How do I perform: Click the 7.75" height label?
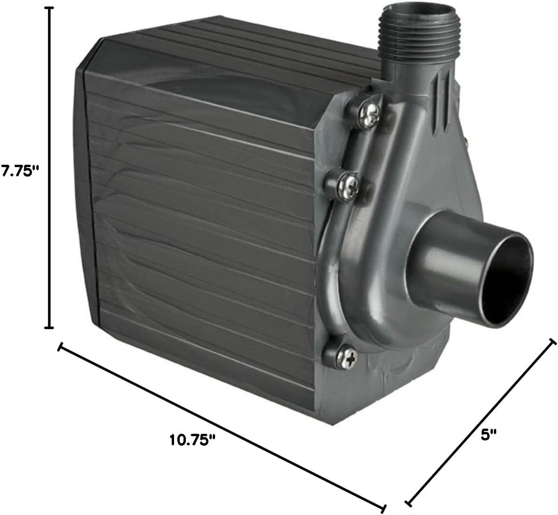(x=19, y=170)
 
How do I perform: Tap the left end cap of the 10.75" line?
(x=59, y=347)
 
